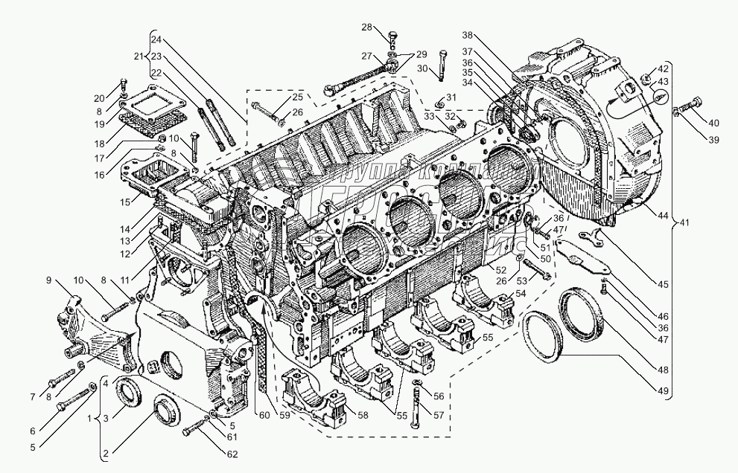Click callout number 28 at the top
(366, 27)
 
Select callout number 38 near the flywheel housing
(467, 36)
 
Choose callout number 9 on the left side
(49, 280)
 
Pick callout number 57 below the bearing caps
(439, 415)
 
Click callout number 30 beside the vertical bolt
(423, 68)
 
